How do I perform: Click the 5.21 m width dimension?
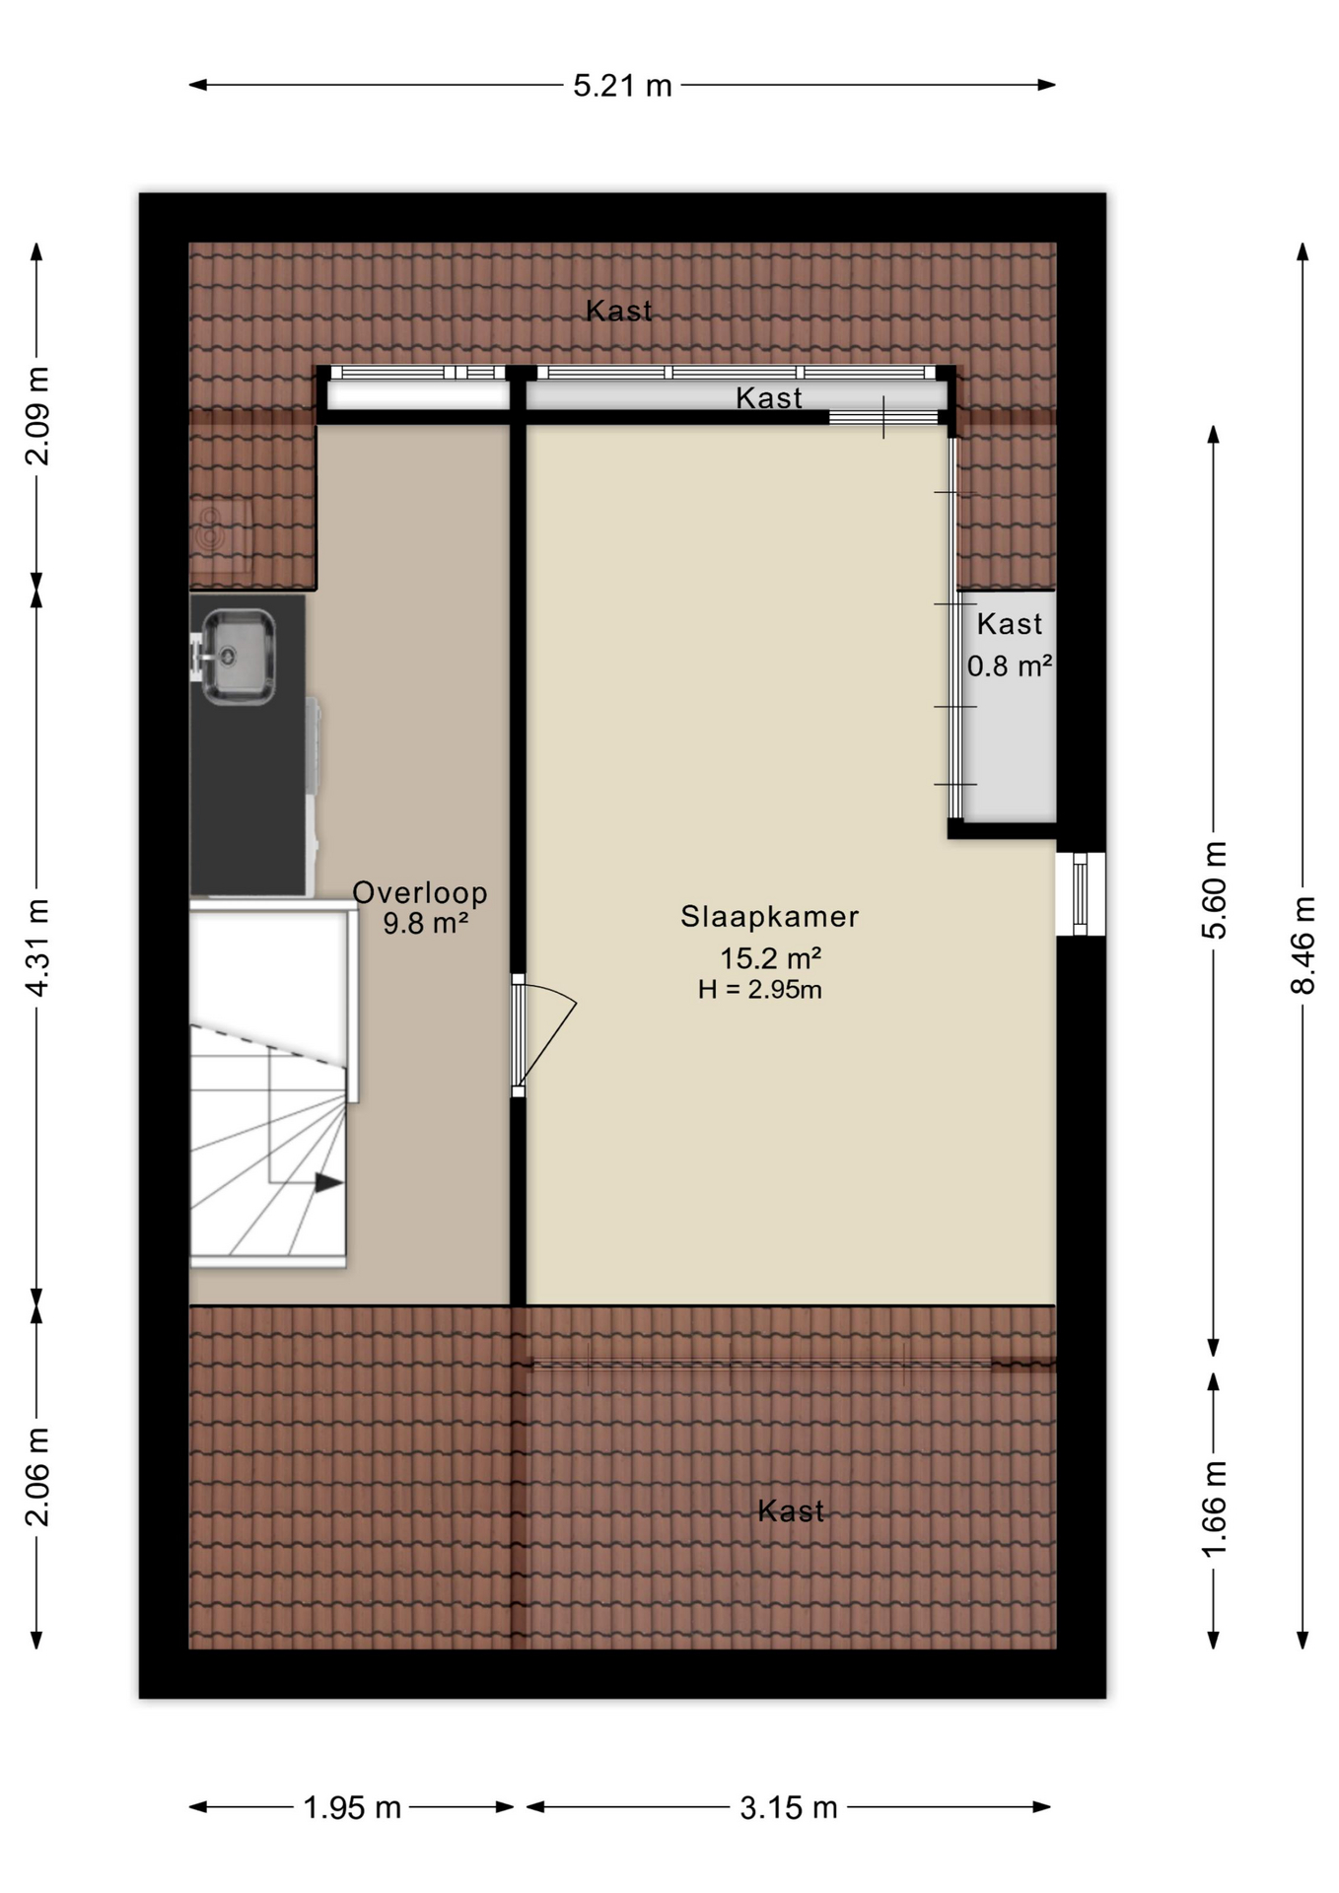point(622,86)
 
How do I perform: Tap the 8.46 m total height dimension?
point(1303,946)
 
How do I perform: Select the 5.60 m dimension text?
point(1214,890)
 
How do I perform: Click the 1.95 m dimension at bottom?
point(352,1807)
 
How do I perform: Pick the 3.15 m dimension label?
point(789,1807)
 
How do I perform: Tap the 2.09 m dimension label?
point(36,415)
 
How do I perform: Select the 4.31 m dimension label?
point(36,947)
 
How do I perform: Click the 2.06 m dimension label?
point(36,1477)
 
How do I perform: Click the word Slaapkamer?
point(769,917)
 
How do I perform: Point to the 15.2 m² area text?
point(770,957)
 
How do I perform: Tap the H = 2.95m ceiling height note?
point(759,990)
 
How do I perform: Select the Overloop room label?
point(420,892)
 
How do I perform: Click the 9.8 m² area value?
point(425,924)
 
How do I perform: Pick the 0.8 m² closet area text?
point(1009,666)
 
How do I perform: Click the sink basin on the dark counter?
point(238,656)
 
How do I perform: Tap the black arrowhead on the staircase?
point(328,1182)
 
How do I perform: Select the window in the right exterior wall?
point(1081,893)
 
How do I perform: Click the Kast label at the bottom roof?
point(791,1511)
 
